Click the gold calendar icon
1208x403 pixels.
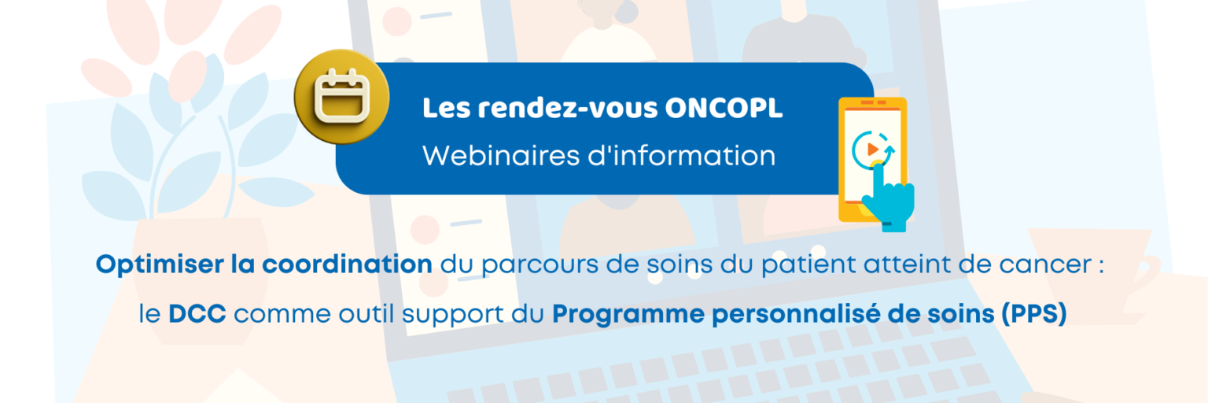point(341,98)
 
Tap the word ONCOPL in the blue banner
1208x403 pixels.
point(724,109)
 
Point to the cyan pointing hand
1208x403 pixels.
point(887,201)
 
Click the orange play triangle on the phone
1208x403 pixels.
point(871,148)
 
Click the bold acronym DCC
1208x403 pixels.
point(197,314)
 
